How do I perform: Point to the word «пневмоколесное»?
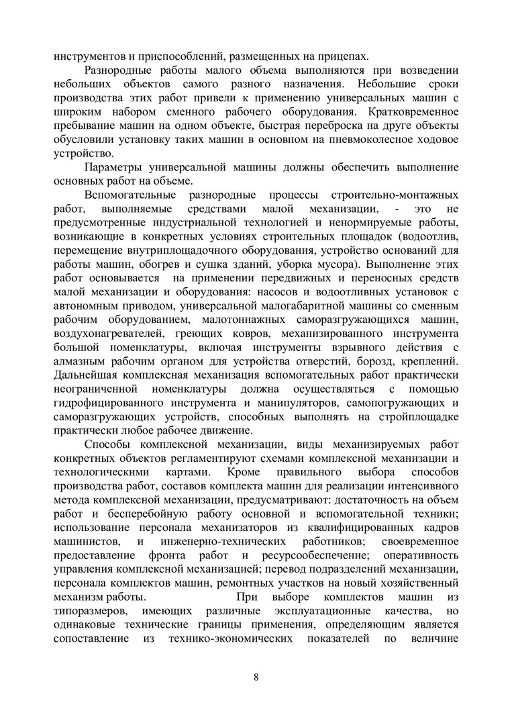[x=379, y=140]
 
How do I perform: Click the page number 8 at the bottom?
[x=256, y=676]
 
